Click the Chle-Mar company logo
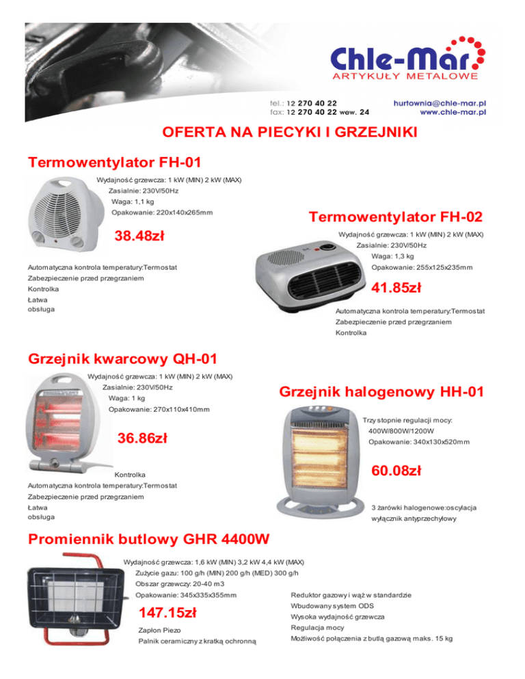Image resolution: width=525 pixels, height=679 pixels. (404, 61)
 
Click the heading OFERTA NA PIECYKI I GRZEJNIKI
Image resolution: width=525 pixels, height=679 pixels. (262, 133)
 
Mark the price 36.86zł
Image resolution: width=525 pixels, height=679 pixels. (147, 438)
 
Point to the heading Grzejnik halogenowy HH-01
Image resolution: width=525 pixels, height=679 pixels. (382, 392)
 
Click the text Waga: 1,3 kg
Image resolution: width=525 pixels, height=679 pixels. (392, 256)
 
